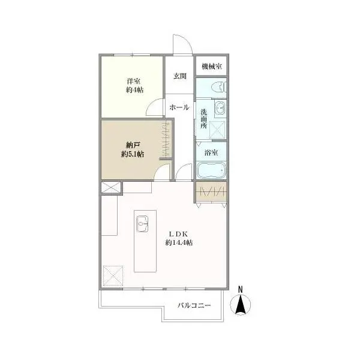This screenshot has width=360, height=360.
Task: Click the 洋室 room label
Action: (x=133, y=81)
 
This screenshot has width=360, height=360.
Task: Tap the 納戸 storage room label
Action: (x=133, y=145)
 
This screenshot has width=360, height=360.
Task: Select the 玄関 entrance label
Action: (x=180, y=76)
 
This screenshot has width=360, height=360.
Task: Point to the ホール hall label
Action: (x=179, y=107)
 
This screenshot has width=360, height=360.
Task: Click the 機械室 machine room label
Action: (x=212, y=67)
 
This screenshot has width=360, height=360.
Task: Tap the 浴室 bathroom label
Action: (x=211, y=152)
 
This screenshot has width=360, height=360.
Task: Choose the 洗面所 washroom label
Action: (x=203, y=119)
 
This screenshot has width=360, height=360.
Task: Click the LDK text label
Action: (x=179, y=234)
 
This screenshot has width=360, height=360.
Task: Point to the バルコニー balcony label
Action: (x=194, y=305)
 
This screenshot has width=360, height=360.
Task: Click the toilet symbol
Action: (x=218, y=88)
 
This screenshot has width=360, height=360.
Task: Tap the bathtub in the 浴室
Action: (x=211, y=170)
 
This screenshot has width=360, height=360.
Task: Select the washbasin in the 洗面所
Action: (x=220, y=107)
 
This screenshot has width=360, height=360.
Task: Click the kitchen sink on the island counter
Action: (x=142, y=224)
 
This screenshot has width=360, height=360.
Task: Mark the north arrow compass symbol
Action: (x=241, y=304)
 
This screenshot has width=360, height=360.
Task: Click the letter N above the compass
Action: (x=241, y=289)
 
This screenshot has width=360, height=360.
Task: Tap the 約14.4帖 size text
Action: (x=179, y=242)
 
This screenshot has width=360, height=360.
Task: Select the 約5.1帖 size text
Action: (x=133, y=154)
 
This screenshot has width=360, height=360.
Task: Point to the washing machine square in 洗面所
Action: (x=217, y=130)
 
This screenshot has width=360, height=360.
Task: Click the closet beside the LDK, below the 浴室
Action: (x=211, y=192)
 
